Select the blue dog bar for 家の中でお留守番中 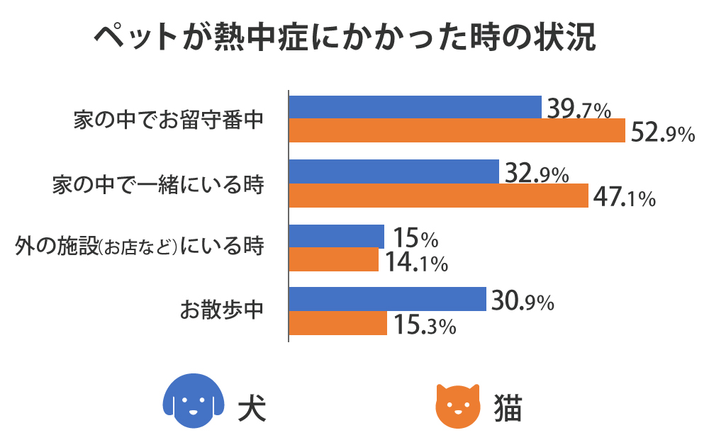click(415, 107)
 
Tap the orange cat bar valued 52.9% click(457, 131)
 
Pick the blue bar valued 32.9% click(394, 171)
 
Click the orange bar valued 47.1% click(439, 196)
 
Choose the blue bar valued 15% click(337, 237)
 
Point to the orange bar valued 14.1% click(334, 260)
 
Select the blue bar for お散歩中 click(387, 300)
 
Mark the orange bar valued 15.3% click(338, 323)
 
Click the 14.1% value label click(416, 264)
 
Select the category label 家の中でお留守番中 click(169, 120)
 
